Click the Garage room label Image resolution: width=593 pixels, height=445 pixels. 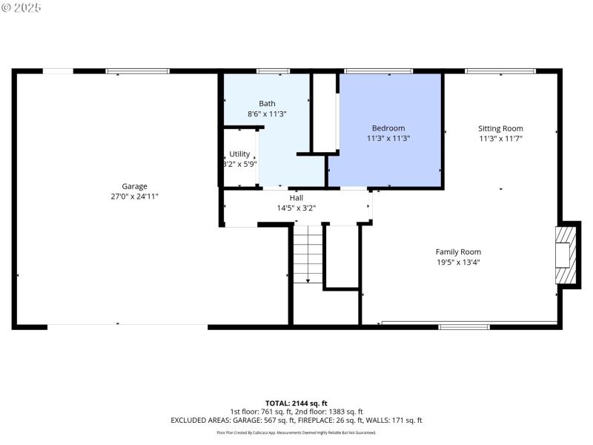(x=135, y=186)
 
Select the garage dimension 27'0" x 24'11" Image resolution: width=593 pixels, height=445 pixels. (x=135, y=197)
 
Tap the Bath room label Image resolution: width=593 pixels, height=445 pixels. (x=267, y=104)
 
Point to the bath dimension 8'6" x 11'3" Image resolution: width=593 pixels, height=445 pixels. (x=267, y=114)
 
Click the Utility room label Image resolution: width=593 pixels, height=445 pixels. (x=239, y=154)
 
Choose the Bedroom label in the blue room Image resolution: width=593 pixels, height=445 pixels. (x=388, y=128)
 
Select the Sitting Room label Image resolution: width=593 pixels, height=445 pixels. (x=501, y=128)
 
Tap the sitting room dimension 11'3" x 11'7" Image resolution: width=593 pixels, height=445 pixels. (x=501, y=138)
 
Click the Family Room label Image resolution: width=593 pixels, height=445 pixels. (x=458, y=251)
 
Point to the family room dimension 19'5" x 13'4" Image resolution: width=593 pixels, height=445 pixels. (x=458, y=262)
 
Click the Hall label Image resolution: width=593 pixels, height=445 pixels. (x=296, y=198)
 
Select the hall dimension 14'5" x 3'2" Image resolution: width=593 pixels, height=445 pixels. (x=296, y=208)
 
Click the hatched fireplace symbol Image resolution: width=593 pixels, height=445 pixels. (x=566, y=254)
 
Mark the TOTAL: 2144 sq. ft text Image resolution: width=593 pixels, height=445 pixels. (x=296, y=403)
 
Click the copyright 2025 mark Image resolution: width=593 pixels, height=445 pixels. (x=21, y=7)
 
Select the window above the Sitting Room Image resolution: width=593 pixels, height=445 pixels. (x=499, y=71)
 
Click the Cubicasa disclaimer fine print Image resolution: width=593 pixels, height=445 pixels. (x=296, y=432)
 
